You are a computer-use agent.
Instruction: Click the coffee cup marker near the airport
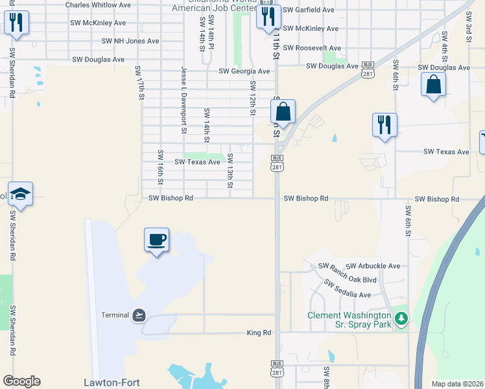tap(156, 240)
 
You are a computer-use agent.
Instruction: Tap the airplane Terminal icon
tap(139, 315)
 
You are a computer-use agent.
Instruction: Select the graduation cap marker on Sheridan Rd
tap(20, 194)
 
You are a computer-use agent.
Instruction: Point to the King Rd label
tap(259, 333)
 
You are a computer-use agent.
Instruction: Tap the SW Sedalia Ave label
tap(347, 290)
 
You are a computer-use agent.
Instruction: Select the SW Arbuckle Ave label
tap(373, 266)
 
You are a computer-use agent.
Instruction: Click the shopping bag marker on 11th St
tap(283, 112)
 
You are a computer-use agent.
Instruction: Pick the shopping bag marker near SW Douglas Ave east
tap(433, 84)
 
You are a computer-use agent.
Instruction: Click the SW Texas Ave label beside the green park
tap(197, 161)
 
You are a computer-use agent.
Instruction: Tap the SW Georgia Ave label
tap(244, 71)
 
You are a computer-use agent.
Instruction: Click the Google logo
tap(21, 381)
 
